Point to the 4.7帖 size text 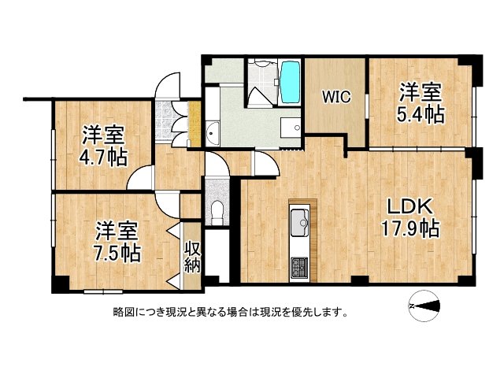coord(103,157)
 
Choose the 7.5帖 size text coord(118,254)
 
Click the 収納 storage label coord(192,258)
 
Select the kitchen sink coord(301,223)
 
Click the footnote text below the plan coord(231,312)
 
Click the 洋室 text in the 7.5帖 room coord(117,231)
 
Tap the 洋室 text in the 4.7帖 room coord(103,134)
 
